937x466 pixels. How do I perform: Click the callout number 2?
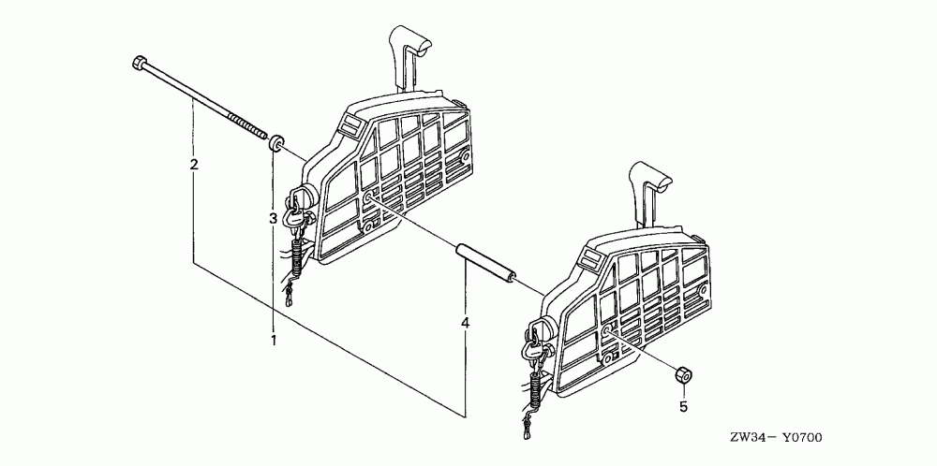194,166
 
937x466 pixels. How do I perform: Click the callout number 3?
274,218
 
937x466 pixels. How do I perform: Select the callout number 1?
274,339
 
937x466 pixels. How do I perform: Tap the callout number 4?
465,323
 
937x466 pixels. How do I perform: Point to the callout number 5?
683,406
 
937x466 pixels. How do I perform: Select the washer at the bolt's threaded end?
276,143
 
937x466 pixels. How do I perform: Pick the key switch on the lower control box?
539,333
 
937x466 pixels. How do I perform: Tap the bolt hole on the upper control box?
370,197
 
